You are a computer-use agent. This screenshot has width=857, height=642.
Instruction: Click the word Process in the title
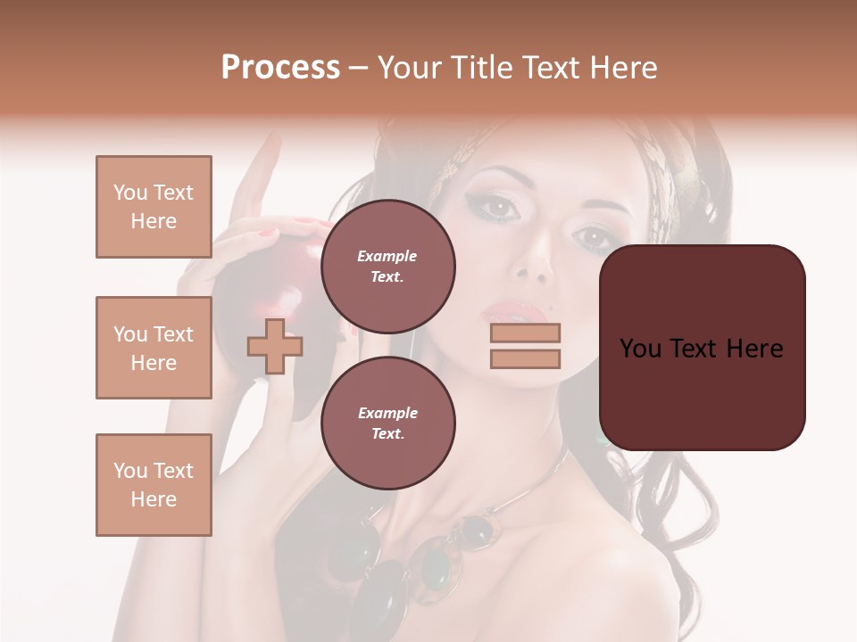pyautogui.click(x=280, y=68)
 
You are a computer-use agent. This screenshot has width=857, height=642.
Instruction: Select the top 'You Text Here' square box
pyautogui.click(x=154, y=207)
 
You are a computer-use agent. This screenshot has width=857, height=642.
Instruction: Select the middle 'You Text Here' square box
pyautogui.click(x=154, y=348)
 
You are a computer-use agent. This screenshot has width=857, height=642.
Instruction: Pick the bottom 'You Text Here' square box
pyautogui.click(x=154, y=484)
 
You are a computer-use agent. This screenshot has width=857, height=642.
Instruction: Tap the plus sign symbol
pyautogui.click(x=275, y=346)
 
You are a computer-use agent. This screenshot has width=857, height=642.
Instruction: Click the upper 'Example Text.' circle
pyautogui.click(x=387, y=266)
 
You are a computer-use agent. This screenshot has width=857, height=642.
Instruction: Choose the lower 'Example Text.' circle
pyautogui.click(x=387, y=423)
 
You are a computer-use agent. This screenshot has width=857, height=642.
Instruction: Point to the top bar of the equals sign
pyautogui.click(x=525, y=333)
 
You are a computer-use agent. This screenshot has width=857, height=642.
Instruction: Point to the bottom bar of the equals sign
pyautogui.click(x=525, y=358)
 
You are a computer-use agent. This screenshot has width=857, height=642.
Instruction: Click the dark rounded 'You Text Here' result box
pyautogui.click(x=702, y=348)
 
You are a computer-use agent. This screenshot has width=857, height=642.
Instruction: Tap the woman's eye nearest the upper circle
pyautogui.click(x=499, y=208)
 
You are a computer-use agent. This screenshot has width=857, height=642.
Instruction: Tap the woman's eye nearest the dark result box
pyautogui.click(x=592, y=238)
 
